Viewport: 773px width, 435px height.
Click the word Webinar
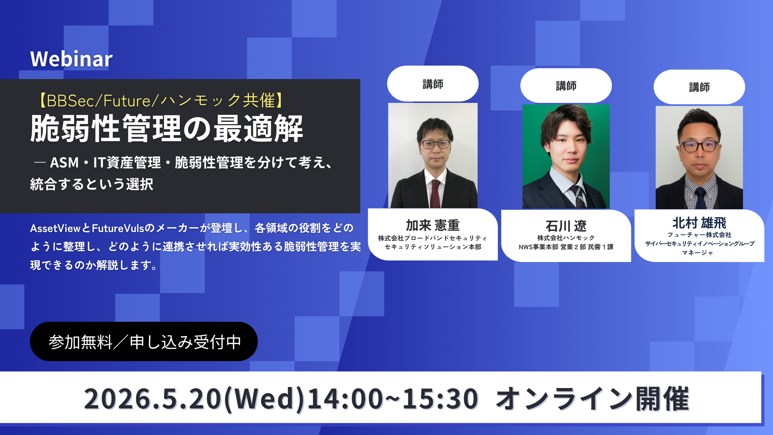[71, 59]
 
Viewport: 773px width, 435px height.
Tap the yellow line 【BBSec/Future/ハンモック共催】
[161, 101]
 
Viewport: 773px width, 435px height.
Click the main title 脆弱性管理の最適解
[167, 129]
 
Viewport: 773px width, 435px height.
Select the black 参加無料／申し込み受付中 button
[144, 342]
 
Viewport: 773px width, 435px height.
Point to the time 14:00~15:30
[392, 399]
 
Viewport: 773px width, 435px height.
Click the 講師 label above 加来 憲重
[433, 84]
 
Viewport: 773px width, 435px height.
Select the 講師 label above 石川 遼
[566, 86]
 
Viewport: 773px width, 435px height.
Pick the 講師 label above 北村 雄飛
[699, 87]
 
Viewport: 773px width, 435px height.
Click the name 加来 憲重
[433, 225]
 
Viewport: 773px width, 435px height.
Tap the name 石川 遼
[566, 226]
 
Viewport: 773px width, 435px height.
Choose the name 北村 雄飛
[699, 223]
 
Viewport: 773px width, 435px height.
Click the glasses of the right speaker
[700, 146]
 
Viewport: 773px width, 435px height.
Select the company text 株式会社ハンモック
[566, 238]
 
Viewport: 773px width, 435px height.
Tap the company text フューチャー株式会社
[699, 235]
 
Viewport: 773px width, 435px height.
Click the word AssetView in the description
[55, 228]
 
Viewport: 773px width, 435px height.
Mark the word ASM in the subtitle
[65, 163]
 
